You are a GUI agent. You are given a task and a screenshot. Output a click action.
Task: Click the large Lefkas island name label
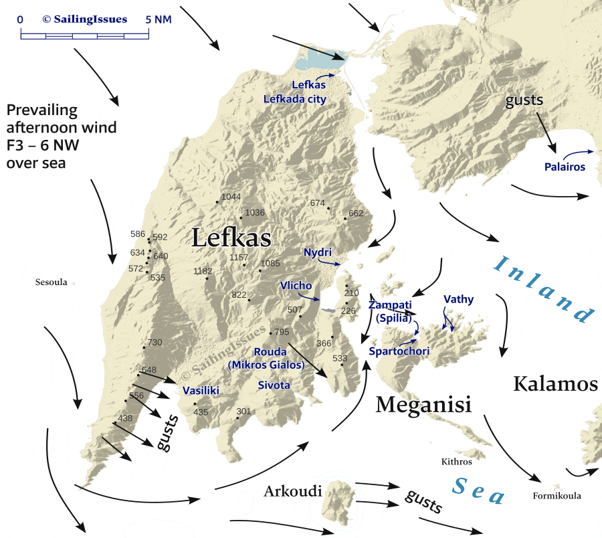pos(231,238)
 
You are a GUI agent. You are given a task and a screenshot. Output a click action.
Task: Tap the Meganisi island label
pos(423,404)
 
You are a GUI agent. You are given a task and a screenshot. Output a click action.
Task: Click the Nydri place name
pos(318,252)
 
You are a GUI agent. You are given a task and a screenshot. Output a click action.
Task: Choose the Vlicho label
pos(295,286)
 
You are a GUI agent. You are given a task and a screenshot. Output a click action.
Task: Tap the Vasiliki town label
pos(201,391)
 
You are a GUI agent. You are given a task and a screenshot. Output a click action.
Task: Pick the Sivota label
pos(274,385)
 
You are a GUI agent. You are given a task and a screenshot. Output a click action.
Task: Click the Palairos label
pos(565,167)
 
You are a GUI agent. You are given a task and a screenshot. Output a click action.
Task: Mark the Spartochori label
pos(399,351)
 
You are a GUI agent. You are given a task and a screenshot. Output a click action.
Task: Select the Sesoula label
pos(52,282)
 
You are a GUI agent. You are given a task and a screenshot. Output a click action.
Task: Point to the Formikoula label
pos(557,496)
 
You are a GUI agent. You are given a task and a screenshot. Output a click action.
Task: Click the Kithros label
pos(456,462)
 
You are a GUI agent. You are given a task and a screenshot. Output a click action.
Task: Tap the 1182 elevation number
pos(203,271)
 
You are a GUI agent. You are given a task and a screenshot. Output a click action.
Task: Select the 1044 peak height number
pos(231,196)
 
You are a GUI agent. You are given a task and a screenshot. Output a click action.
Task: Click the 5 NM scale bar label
pos(159,19)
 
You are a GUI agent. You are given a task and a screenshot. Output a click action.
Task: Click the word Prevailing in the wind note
pos(41,110)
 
